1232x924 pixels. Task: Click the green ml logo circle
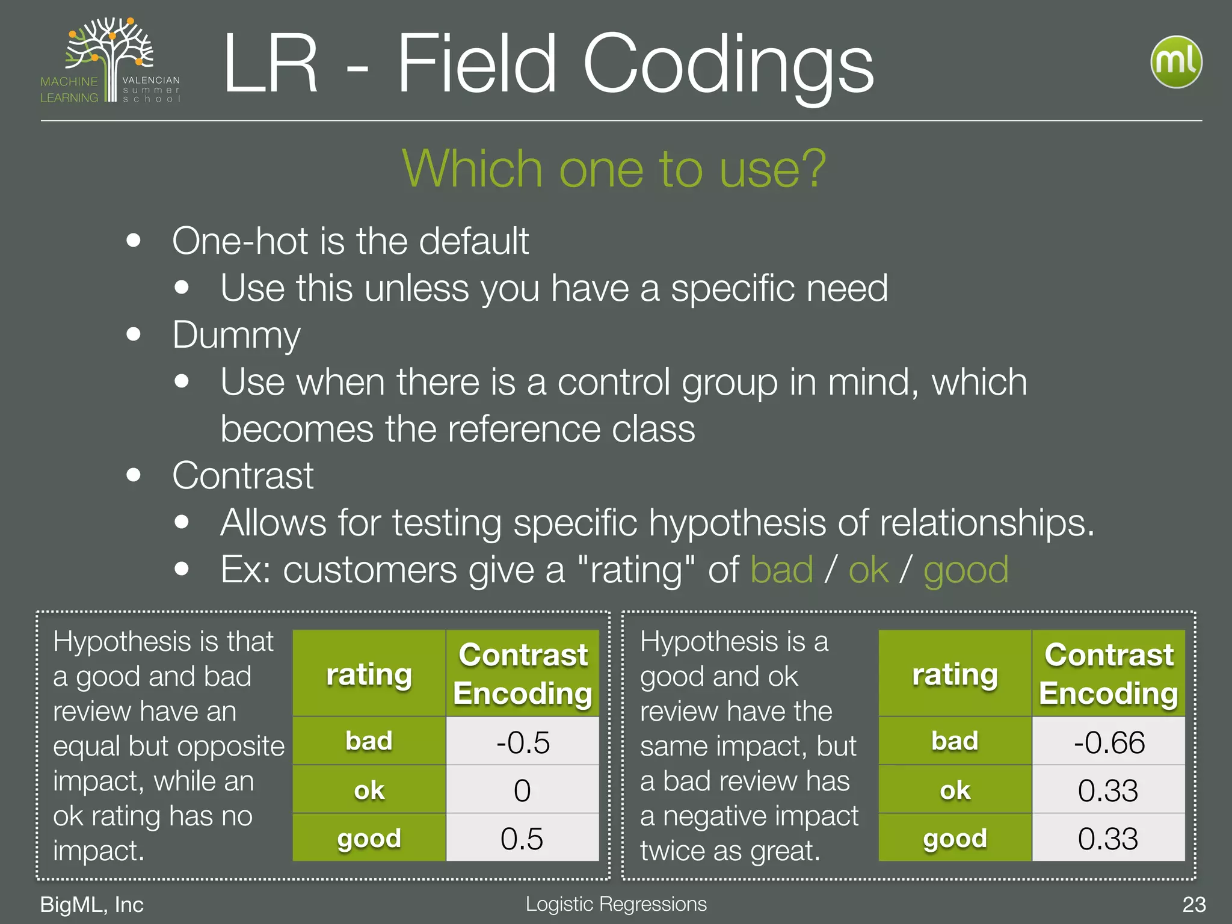click(x=1176, y=62)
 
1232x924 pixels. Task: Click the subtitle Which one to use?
click(x=614, y=169)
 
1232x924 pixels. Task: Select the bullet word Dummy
click(x=236, y=335)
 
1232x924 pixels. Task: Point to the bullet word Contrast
click(x=242, y=476)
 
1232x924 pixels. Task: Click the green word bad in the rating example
click(x=781, y=570)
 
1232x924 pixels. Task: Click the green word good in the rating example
click(x=966, y=570)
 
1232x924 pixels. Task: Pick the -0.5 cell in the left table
click(x=522, y=742)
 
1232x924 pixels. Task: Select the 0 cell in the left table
click(x=522, y=790)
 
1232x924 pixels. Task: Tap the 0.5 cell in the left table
click(x=522, y=838)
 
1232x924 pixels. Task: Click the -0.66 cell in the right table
click(x=1109, y=742)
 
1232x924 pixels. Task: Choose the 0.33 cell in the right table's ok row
click(x=1109, y=790)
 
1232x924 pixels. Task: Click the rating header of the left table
click(x=369, y=674)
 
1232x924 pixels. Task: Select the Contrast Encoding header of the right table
click(x=1109, y=674)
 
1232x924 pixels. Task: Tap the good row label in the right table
click(x=955, y=838)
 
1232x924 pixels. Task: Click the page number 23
click(x=1193, y=904)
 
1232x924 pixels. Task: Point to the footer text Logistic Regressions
click(x=616, y=904)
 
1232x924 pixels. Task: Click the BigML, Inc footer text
click(x=91, y=904)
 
